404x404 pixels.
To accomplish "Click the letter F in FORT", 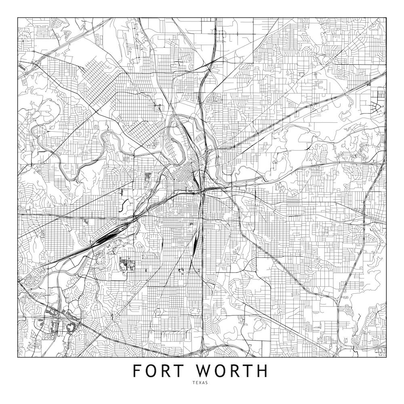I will point(138,371).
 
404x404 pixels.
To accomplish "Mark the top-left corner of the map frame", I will point(18,18).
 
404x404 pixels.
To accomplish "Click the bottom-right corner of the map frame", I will point(386,358).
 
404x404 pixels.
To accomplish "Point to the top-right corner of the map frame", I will point(386,18).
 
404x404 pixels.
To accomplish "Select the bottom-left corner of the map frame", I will point(18,358).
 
